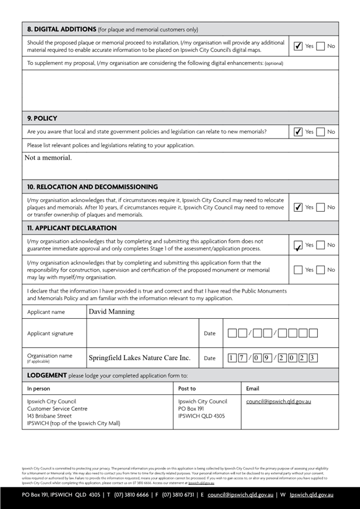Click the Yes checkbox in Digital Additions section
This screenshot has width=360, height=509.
coord(299,46)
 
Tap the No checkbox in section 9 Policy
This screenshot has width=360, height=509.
coord(320,132)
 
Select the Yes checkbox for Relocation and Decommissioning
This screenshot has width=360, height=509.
coord(299,207)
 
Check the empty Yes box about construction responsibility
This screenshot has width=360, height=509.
coord(299,270)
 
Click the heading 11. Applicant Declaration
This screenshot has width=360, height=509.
coord(72,228)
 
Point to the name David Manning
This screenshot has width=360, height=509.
coord(111,312)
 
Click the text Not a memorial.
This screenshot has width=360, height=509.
coord(48,158)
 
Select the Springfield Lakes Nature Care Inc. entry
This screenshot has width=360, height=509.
coord(139,358)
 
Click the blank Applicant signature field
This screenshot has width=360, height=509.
coord(142,334)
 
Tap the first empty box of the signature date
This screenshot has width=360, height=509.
coord(232,334)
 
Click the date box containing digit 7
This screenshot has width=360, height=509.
coord(243,358)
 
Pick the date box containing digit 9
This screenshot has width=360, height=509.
coord(268,358)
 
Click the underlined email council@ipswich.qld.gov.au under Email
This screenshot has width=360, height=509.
coord(278,401)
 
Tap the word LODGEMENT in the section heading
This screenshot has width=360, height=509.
coord(47,375)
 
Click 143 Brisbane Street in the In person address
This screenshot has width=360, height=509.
coord(49,416)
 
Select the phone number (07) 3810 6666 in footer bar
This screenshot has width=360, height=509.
coord(131,495)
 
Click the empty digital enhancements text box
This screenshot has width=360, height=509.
coord(180,90)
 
